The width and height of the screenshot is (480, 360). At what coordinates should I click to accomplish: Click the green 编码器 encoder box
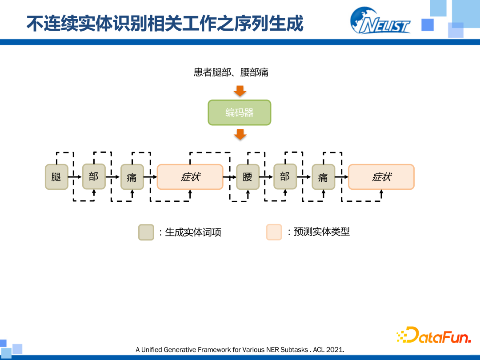pyautogui.click(x=240, y=112)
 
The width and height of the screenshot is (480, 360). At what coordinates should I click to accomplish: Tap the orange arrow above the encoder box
pyautogui.click(x=240, y=91)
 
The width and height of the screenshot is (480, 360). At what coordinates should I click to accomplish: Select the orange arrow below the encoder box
pyautogui.click(x=240, y=134)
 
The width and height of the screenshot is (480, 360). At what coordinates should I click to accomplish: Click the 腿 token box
pyautogui.click(x=56, y=177)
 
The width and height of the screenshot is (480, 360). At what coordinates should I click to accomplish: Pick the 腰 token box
pyautogui.click(x=248, y=177)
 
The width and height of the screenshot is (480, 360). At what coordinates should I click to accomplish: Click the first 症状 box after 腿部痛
pyautogui.click(x=190, y=177)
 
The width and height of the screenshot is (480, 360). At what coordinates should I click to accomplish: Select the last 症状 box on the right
pyautogui.click(x=381, y=177)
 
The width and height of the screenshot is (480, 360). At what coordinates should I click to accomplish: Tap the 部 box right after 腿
pyautogui.click(x=94, y=176)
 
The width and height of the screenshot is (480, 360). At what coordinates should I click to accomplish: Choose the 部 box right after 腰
pyautogui.click(x=285, y=176)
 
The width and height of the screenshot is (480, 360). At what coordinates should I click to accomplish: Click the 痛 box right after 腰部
pyautogui.click(x=323, y=177)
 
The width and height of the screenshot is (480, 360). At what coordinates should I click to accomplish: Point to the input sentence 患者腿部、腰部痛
pyautogui.click(x=231, y=72)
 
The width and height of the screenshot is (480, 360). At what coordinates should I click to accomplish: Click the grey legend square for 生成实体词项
pyautogui.click(x=146, y=232)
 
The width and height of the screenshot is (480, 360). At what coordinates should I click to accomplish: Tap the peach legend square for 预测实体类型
pyautogui.click(x=274, y=232)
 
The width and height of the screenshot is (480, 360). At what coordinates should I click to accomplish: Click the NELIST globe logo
pyautogui.click(x=380, y=20)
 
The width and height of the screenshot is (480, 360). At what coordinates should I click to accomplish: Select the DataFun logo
pyautogui.click(x=433, y=335)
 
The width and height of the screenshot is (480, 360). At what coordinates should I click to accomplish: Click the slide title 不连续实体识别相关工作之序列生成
pyautogui.click(x=165, y=23)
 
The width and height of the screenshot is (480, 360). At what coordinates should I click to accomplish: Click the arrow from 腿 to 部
pyautogui.click(x=75, y=177)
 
